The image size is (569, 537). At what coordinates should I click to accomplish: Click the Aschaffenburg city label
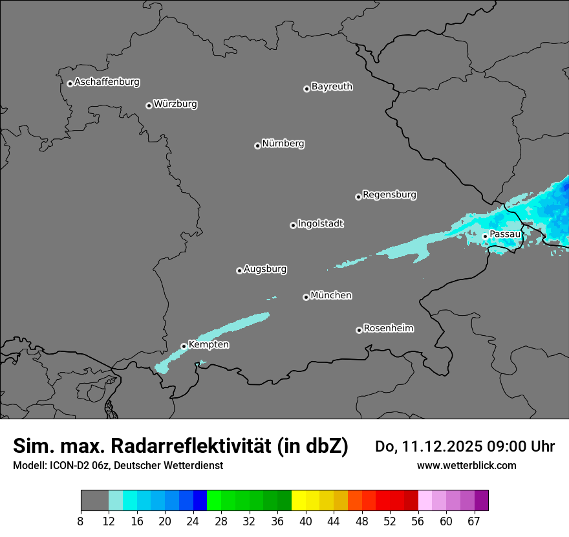(x=107, y=82)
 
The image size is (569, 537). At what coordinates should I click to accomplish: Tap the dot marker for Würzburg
(x=149, y=105)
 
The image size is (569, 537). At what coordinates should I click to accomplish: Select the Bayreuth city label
(x=332, y=87)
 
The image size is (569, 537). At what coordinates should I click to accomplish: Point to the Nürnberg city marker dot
(x=257, y=146)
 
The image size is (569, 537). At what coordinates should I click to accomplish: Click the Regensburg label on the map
(x=389, y=195)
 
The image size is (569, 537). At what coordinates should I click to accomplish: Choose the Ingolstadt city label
(x=320, y=224)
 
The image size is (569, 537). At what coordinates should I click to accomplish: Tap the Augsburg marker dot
(x=239, y=270)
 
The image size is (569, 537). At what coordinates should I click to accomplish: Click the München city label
(x=331, y=296)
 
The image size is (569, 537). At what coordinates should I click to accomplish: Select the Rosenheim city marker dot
(x=359, y=330)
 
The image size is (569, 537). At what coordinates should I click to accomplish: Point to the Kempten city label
(x=208, y=345)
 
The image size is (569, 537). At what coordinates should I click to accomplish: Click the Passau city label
(x=504, y=234)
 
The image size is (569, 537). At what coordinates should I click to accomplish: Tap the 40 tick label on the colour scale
(x=306, y=521)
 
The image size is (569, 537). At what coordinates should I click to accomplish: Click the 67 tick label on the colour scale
(x=474, y=521)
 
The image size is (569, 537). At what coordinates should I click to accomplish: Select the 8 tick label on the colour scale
(x=81, y=521)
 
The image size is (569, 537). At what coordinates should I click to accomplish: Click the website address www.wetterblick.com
(x=466, y=465)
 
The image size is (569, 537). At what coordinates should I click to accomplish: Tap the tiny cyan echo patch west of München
(x=272, y=298)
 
